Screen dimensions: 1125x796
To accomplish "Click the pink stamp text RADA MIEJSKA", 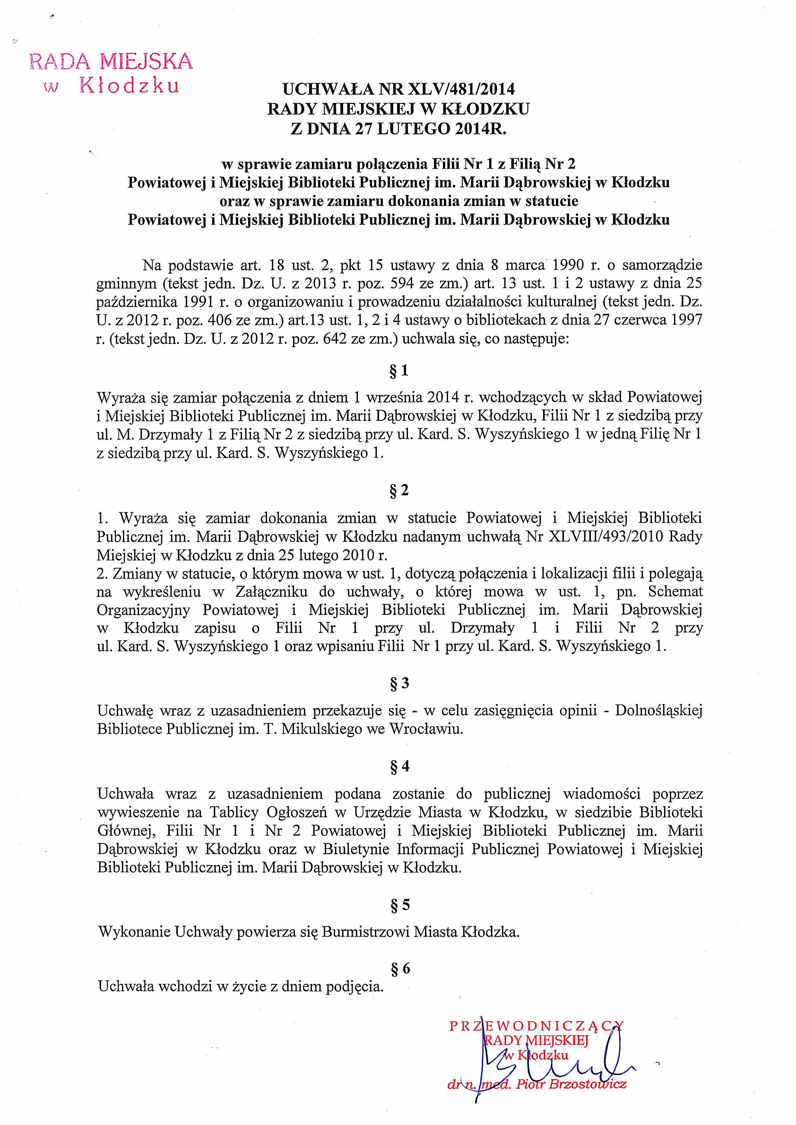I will click(111, 61).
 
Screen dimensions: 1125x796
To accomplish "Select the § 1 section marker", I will click(399, 371).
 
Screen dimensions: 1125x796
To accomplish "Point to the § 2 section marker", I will click(399, 490).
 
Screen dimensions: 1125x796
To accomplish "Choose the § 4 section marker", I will click(399, 766).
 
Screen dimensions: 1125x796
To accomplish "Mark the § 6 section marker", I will click(399, 969).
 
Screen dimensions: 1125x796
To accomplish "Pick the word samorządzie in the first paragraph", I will click(662, 265).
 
